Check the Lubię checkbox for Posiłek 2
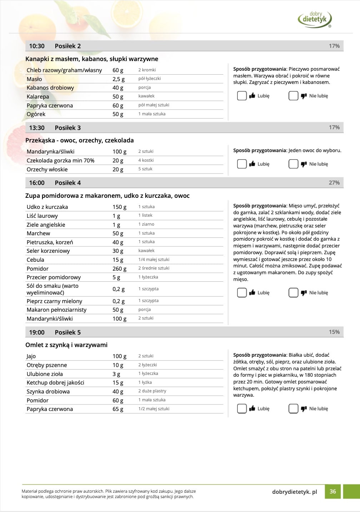point(242,96)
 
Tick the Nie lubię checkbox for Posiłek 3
point(293,164)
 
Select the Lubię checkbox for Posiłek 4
point(242,292)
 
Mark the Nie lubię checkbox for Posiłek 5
point(293,408)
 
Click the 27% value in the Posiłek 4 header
point(334,182)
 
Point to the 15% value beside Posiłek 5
point(334,332)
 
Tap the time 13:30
point(37,128)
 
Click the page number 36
point(333,492)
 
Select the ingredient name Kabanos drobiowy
point(50,88)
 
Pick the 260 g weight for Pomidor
point(119,268)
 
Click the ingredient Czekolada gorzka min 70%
point(60,161)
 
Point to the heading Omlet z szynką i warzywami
point(66,345)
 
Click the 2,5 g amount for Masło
point(119,79)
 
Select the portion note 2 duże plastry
point(152,391)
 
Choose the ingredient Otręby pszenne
point(47,365)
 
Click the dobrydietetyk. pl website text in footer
point(294,492)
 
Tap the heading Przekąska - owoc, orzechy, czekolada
point(79,140)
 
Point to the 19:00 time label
point(37,332)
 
